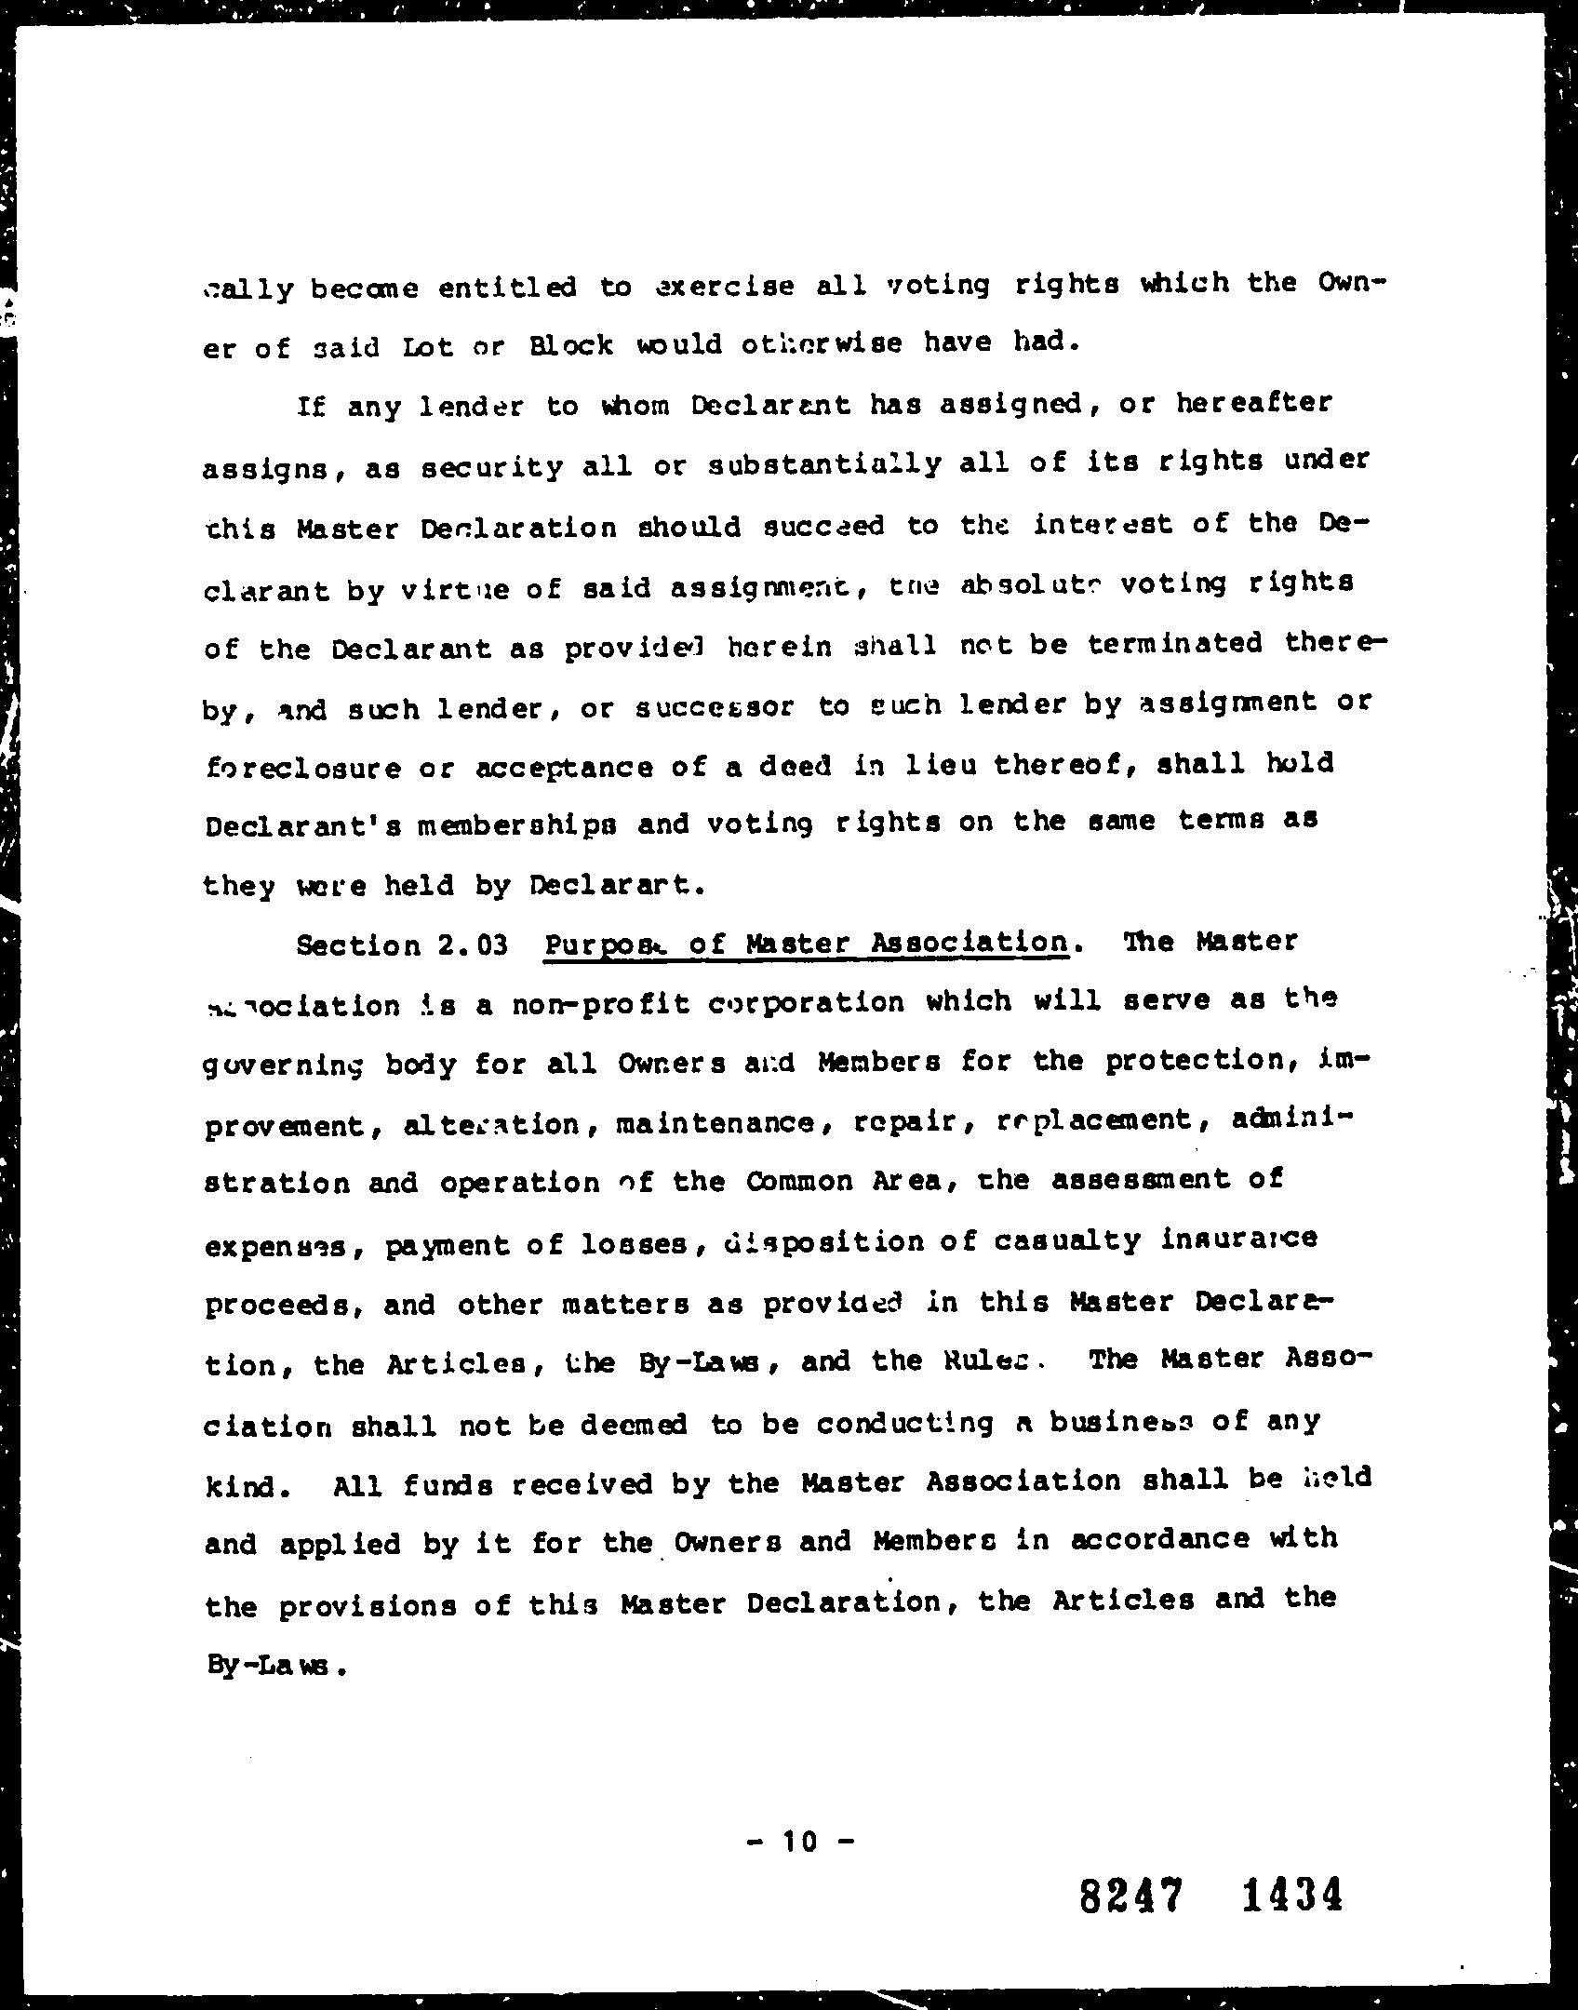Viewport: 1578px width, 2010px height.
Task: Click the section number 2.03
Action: pos(472,945)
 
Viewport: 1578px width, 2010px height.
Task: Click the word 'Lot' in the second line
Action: pos(429,346)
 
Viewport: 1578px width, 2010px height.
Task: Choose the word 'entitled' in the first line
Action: pos(507,288)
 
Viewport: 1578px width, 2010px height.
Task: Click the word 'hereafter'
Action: pos(1252,403)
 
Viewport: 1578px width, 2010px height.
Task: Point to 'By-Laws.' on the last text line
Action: pos(276,1666)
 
